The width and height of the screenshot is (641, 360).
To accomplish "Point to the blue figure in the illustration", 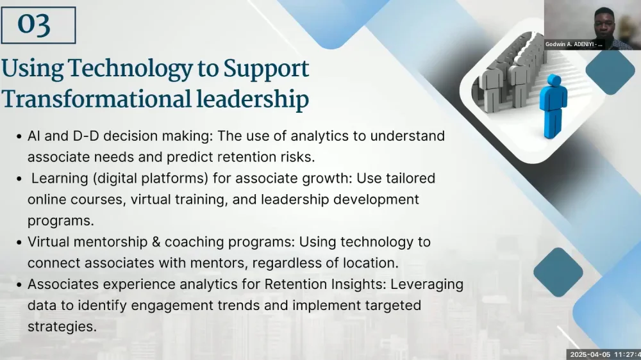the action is coord(553,106).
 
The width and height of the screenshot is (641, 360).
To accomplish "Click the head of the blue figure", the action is coord(554,81).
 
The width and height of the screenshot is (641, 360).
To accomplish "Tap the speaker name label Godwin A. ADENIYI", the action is coord(574,44).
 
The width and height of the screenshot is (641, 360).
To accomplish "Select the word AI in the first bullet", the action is coord(34,136).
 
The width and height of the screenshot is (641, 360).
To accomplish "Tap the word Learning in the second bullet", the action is coord(60,179).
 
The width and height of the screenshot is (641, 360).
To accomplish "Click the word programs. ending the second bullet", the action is coord(60,221).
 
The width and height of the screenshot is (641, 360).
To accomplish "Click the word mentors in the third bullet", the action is coord(219,263).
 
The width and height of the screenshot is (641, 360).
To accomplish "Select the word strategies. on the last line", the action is coord(62,327).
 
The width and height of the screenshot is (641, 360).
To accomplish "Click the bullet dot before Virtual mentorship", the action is coord(19,242).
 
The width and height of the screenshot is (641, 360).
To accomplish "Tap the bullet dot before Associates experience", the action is coord(19,285).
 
